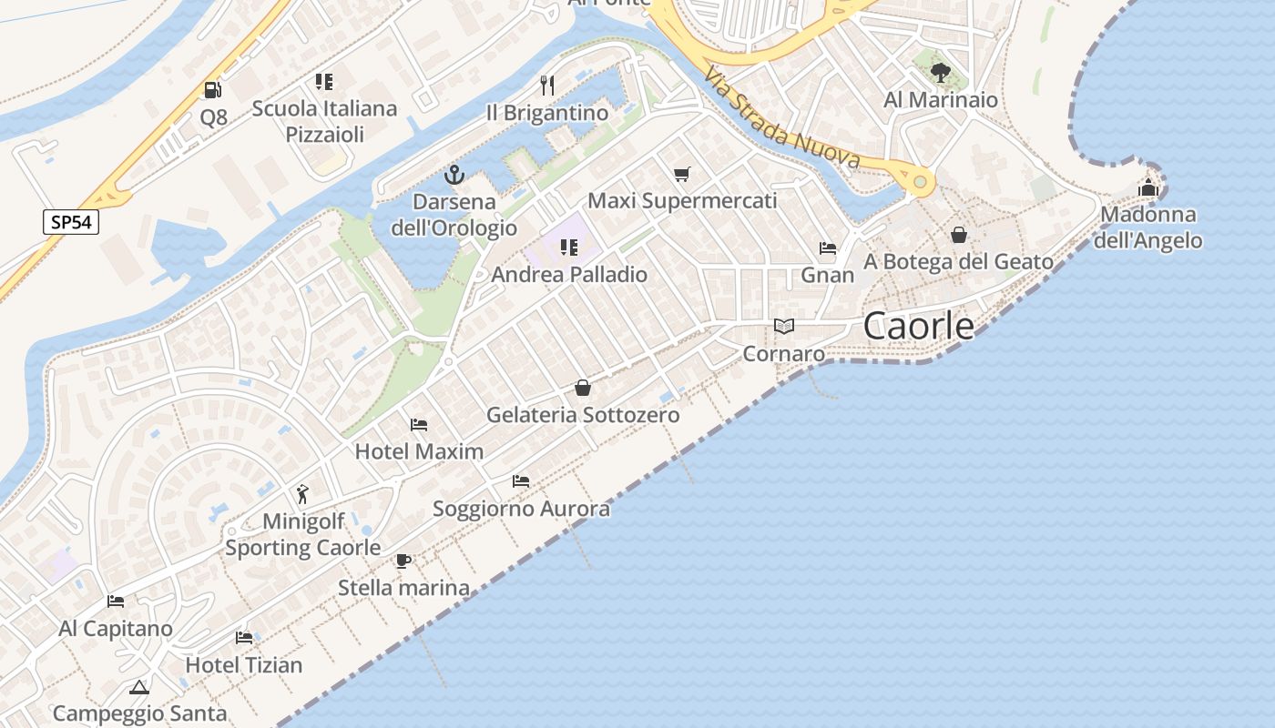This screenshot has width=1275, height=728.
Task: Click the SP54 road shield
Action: pyautogui.click(x=71, y=221)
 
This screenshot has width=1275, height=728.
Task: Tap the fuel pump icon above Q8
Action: pyautogui.click(x=212, y=89)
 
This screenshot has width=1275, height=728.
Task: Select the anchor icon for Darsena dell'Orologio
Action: pyautogui.click(x=454, y=174)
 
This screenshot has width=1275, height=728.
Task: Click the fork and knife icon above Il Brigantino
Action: pyautogui.click(x=546, y=86)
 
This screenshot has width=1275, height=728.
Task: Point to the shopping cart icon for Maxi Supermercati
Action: pyautogui.click(x=682, y=174)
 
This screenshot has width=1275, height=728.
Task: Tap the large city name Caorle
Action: pyautogui.click(x=918, y=326)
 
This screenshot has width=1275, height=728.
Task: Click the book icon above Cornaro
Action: pyautogui.click(x=783, y=326)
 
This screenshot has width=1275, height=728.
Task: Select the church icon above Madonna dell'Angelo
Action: pyautogui.click(x=1147, y=188)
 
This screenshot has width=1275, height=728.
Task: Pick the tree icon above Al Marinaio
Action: pyautogui.click(x=940, y=72)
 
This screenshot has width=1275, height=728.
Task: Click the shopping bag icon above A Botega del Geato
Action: pyautogui.click(x=959, y=235)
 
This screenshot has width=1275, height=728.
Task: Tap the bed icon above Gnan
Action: pyautogui.click(x=828, y=248)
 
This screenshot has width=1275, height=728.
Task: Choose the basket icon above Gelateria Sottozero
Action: pyautogui.click(x=583, y=389)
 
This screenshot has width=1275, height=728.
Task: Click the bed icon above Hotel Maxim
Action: pyautogui.click(x=419, y=424)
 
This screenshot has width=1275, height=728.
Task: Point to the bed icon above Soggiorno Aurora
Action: pyautogui.click(x=521, y=480)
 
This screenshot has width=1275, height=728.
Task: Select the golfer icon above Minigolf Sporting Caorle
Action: pyautogui.click(x=302, y=494)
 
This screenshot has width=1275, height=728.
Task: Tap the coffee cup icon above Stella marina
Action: pyautogui.click(x=403, y=561)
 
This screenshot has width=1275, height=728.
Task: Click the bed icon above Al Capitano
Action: pyautogui.click(x=116, y=602)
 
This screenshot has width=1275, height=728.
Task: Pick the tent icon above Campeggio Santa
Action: pyautogui.click(x=138, y=687)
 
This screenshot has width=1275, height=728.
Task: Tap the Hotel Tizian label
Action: pyautogui.click(x=244, y=665)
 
